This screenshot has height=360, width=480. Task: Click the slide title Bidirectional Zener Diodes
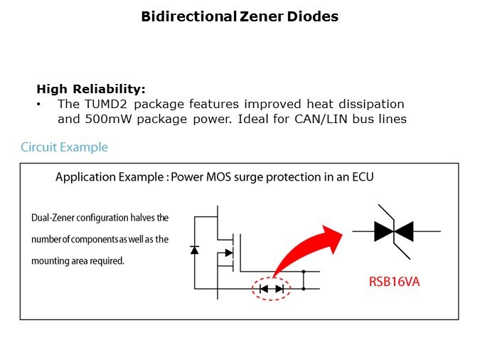[x=239, y=16]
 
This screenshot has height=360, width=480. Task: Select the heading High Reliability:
[x=90, y=89]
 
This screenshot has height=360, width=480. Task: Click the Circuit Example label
[x=64, y=147]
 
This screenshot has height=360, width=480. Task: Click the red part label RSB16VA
[x=393, y=281]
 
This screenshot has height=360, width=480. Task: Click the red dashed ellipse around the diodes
[x=271, y=288]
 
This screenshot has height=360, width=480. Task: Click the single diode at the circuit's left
[x=195, y=250]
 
